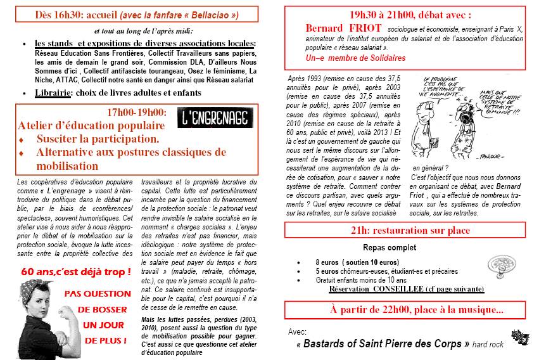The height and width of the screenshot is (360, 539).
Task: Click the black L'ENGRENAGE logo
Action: point(212,119)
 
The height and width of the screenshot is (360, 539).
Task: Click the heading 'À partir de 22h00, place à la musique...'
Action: point(408,311)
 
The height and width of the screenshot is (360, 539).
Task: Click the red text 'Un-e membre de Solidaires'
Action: point(355,57)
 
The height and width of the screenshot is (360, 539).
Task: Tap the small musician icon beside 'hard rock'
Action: point(521,338)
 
